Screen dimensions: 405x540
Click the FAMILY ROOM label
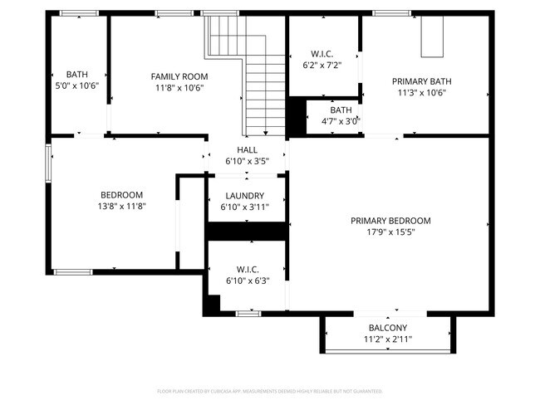179,76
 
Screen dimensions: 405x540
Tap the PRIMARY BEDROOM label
390,221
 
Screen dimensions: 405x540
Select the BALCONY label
388,327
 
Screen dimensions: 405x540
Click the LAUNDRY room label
247,196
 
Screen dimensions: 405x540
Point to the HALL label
247,150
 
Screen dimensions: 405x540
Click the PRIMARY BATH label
424,81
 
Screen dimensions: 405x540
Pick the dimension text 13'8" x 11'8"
122,207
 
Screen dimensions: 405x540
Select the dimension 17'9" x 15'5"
390,232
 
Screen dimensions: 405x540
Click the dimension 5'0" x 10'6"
76,85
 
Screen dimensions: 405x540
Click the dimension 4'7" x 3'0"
341,121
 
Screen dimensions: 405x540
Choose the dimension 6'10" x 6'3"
247,281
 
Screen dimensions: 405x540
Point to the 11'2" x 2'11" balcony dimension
388,339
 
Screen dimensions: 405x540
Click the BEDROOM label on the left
122,195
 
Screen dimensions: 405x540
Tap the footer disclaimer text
270,390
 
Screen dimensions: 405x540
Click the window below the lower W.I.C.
248,313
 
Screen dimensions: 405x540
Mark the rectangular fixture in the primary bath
430,37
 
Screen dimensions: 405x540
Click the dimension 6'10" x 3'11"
247,207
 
